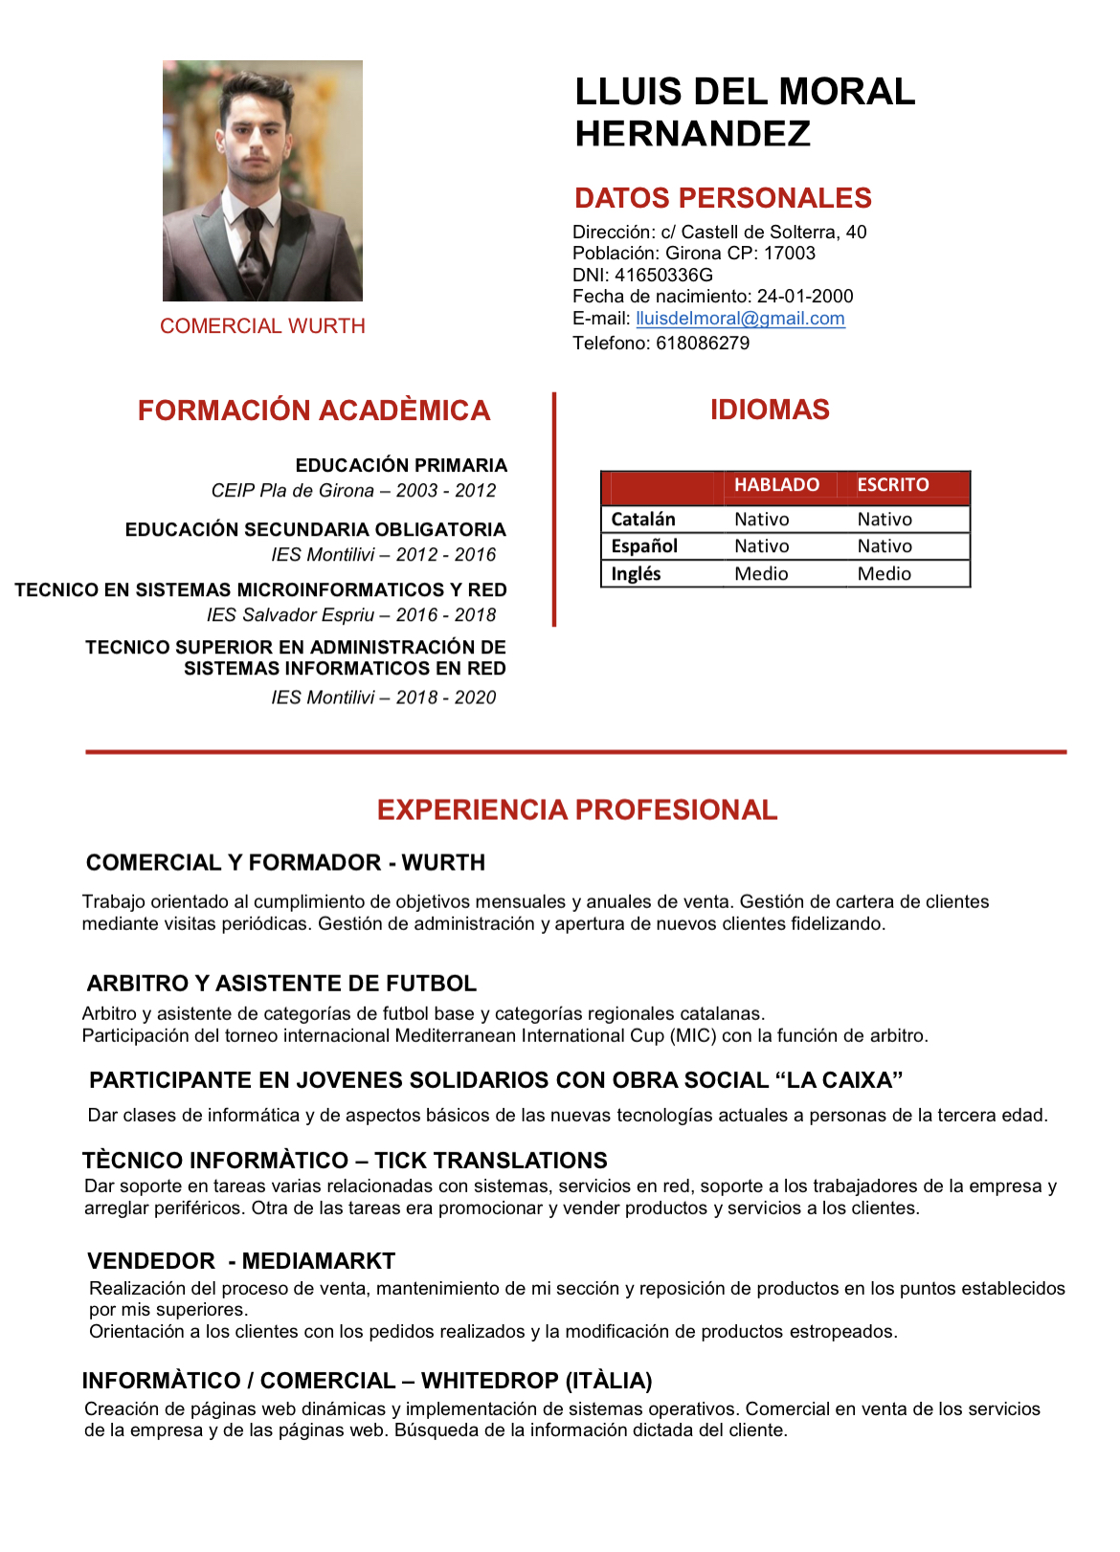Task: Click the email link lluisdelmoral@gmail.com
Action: (x=740, y=319)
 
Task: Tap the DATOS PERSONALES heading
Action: (x=723, y=198)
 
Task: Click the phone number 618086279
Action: (x=703, y=343)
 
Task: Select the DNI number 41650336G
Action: (x=663, y=275)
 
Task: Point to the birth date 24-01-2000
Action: (x=805, y=297)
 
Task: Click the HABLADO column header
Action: (x=776, y=485)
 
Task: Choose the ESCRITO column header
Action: (x=892, y=485)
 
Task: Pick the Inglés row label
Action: (x=636, y=574)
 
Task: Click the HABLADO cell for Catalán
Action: (x=761, y=520)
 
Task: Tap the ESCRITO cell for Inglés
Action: (x=884, y=574)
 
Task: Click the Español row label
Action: (x=643, y=546)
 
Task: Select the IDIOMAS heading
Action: (x=770, y=410)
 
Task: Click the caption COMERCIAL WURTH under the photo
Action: (x=262, y=326)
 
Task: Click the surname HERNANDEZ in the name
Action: (x=692, y=134)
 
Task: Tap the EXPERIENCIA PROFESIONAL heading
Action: (x=576, y=810)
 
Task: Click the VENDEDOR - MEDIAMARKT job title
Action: (x=241, y=1261)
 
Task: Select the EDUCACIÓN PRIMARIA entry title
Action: (x=401, y=465)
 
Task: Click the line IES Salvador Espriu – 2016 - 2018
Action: (x=351, y=615)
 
